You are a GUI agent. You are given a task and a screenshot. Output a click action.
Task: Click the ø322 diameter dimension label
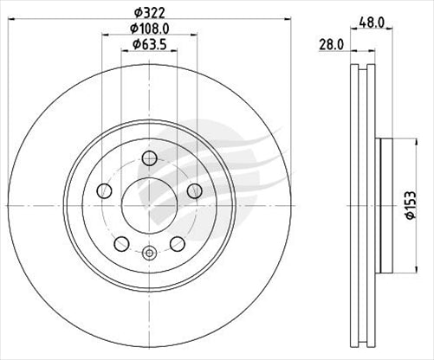148,11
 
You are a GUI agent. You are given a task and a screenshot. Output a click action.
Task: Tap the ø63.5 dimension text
148,46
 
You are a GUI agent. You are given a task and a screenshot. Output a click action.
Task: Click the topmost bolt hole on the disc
148,157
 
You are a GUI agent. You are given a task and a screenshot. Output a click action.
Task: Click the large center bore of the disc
148,204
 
